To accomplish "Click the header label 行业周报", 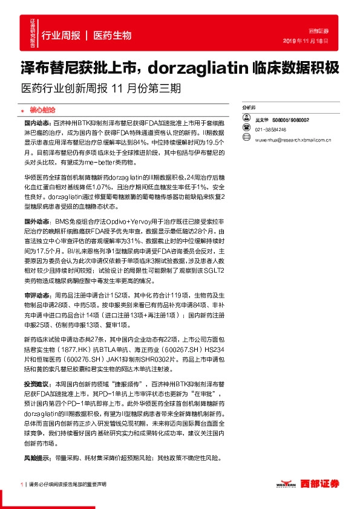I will tap(61, 36).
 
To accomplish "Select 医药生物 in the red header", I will tap(113, 36).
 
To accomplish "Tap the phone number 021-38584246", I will tap(270, 129).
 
